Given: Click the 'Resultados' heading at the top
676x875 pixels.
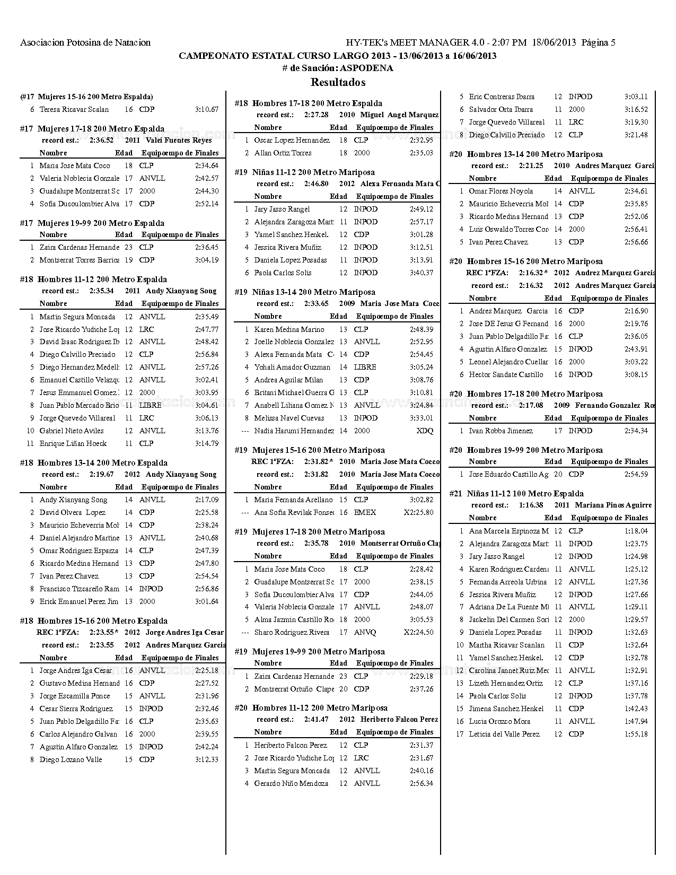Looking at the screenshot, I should tap(338, 82).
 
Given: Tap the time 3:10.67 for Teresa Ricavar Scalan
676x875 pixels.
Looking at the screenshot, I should tap(207, 110).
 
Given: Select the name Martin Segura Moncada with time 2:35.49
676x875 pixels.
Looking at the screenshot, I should tap(77, 317).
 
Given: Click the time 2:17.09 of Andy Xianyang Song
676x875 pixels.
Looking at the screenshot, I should tap(207, 500).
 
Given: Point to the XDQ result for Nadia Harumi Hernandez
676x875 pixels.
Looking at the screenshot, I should tap(425, 431).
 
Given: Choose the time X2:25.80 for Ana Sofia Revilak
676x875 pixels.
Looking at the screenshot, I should tap(418, 512).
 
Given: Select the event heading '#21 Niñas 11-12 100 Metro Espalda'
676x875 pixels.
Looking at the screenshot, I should tap(516, 493).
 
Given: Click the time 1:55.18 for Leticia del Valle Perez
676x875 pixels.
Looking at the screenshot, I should tap(636, 734).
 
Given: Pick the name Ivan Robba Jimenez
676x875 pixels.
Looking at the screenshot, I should tap(501, 431).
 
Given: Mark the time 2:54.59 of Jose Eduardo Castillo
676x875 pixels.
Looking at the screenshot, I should tap(636, 474).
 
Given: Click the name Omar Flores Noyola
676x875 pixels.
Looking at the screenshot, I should tap(501, 191).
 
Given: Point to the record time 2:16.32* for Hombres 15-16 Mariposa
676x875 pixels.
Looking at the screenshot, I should tap(533, 273).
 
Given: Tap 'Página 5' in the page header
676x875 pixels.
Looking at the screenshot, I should tap(599, 43).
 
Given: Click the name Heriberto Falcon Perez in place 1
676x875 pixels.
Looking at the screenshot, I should tap(290, 745).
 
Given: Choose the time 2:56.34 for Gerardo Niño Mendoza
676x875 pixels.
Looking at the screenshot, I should tap(421, 783).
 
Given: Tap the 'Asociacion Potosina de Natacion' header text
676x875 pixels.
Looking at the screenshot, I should tap(85, 43).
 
